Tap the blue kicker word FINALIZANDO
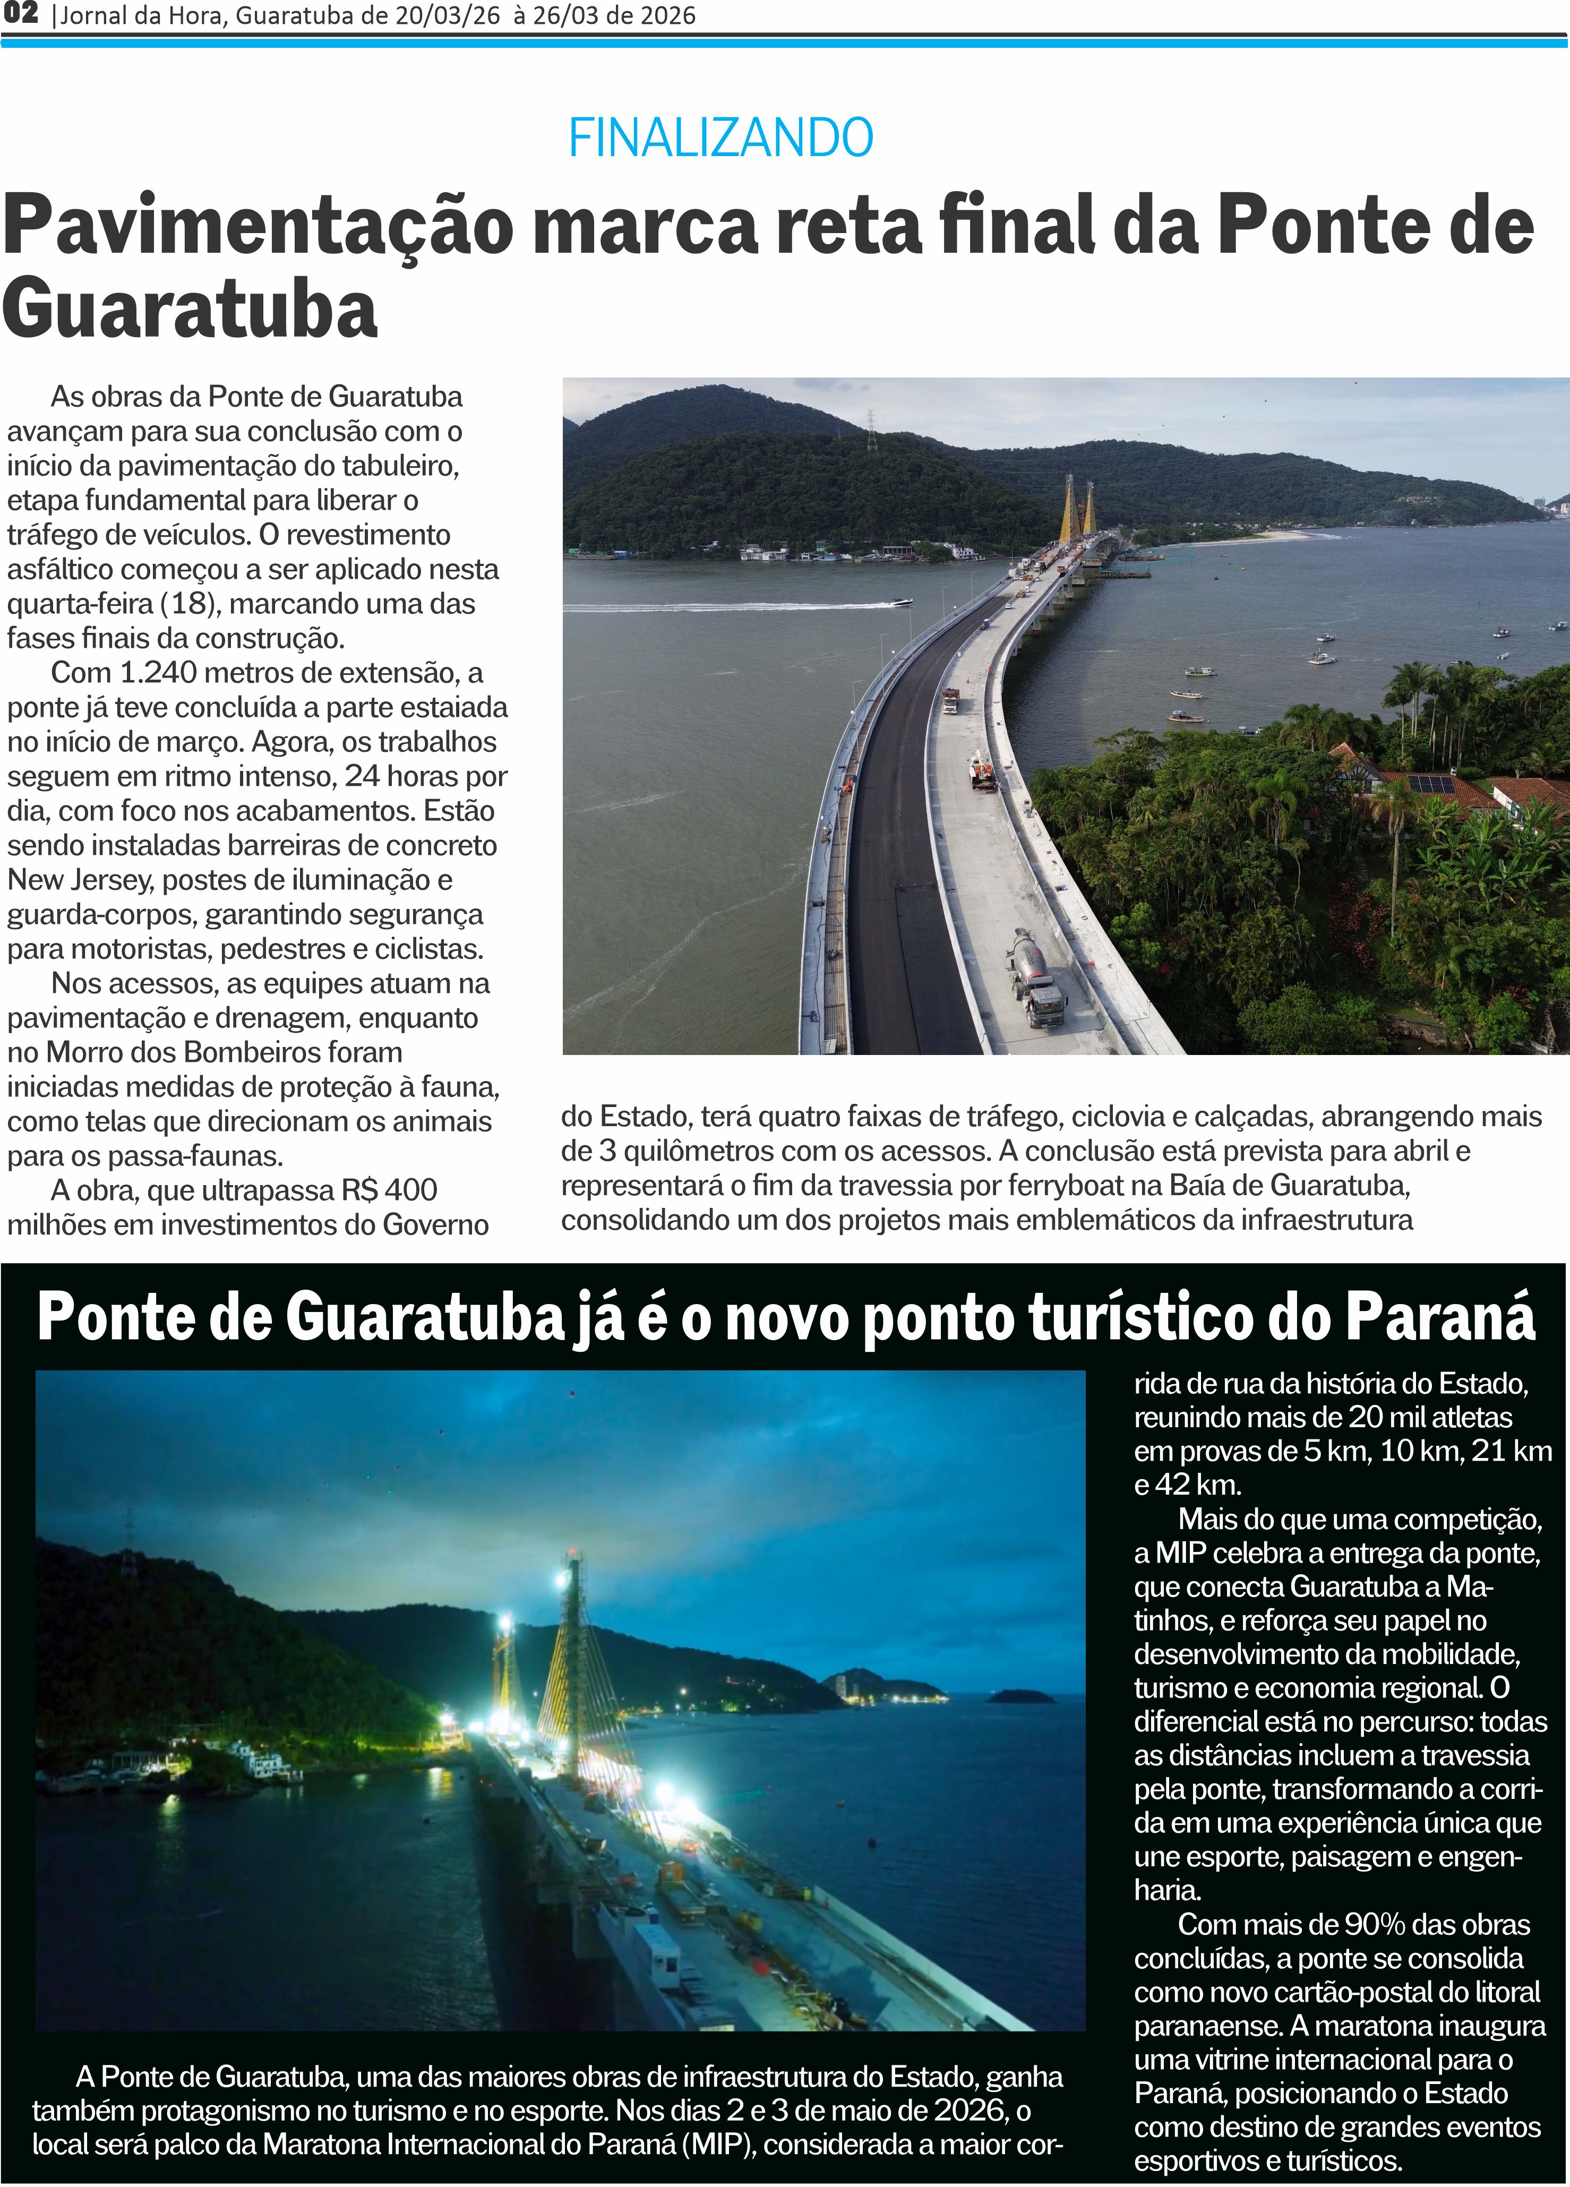[720, 138]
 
